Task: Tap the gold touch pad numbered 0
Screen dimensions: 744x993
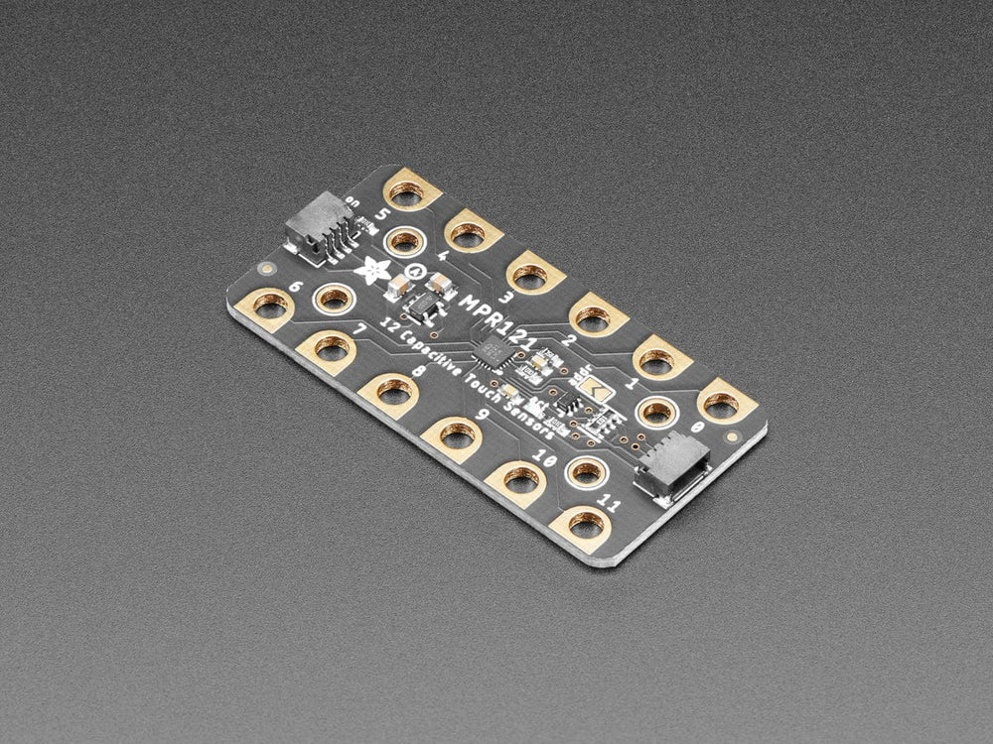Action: (x=722, y=403)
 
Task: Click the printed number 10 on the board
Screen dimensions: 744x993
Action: (x=543, y=458)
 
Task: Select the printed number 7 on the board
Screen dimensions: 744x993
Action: (x=360, y=329)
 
